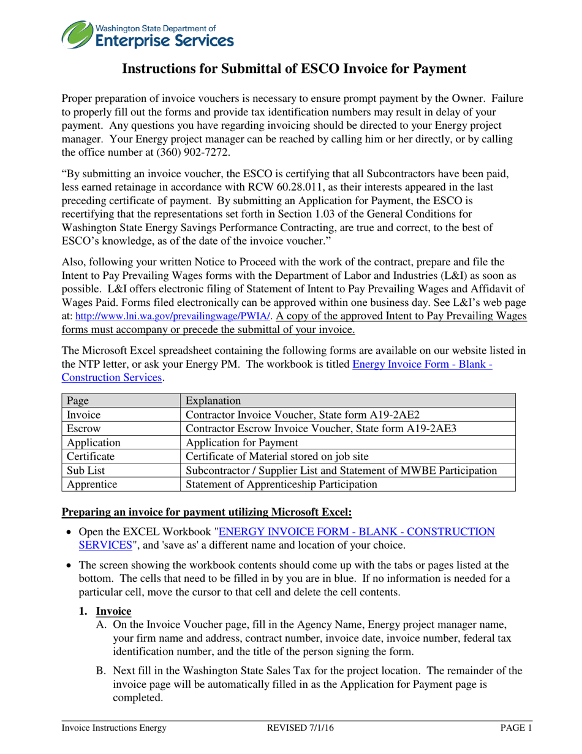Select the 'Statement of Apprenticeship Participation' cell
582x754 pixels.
[x=281, y=484]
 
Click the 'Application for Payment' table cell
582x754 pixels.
[x=241, y=443]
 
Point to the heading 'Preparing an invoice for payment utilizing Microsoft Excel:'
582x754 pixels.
[x=208, y=511]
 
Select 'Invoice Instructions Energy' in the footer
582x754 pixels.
[x=114, y=728]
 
